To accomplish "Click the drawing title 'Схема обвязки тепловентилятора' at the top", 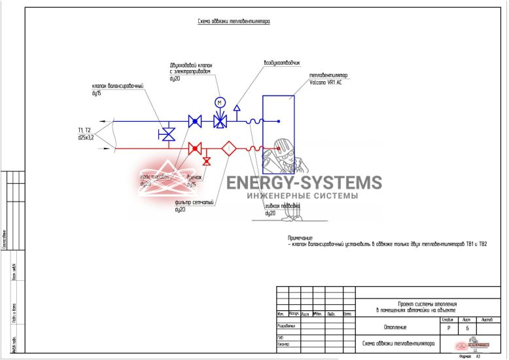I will (x=234, y=22).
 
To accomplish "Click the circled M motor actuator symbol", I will (x=220, y=102).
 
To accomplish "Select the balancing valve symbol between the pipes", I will (x=167, y=134).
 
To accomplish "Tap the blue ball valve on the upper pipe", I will (x=194, y=121).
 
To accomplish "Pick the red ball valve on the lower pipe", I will (x=194, y=149).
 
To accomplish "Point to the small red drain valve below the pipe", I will (x=207, y=160).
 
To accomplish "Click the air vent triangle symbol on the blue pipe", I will (x=237, y=107).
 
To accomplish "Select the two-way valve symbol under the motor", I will (x=220, y=121).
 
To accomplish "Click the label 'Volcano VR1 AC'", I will (x=326, y=83).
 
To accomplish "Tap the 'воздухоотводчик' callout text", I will (x=282, y=63).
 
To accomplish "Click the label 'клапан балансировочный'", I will (x=117, y=86).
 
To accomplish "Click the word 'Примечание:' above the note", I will (x=300, y=237).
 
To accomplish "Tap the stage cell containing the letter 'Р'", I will (x=448, y=327).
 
